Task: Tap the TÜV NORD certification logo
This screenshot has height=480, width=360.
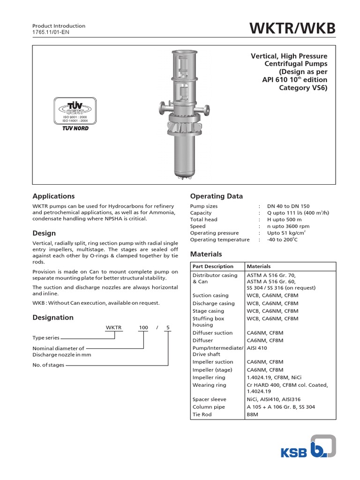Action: pyautogui.click(x=75, y=114)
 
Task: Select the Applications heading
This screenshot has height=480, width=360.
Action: pyautogui.click(x=53, y=196)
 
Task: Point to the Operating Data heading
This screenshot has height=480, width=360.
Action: pyautogui.click(x=216, y=196)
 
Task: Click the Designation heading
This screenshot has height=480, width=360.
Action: pyautogui.click(x=53, y=317)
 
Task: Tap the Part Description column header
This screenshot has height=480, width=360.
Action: pyautogui.click(x=213, y=266)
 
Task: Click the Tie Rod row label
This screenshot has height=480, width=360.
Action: pyautogui.click(x=202, y=415)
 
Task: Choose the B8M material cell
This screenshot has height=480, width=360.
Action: pyautogui.click(x=253, y=415)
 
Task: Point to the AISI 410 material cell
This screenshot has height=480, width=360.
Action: pyautogui.click(x=258, y=348)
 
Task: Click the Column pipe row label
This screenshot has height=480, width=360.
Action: pyautogui.click(x=209, y=407)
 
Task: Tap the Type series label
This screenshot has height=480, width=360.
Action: pyautogui.click(x=46, y=337)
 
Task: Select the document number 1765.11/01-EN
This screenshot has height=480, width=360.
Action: pyautogui.click(x=52, y=32)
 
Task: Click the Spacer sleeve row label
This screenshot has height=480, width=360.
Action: pyautogui.click(x=209, y=399)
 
